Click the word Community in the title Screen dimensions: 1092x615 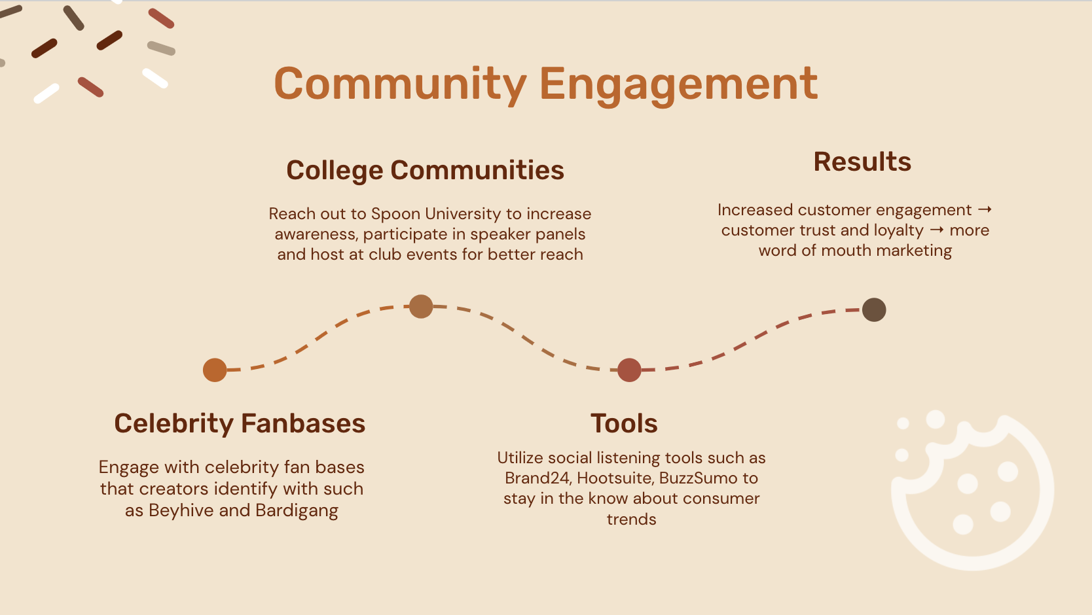(400, 84)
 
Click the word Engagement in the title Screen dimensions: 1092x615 (678, 84)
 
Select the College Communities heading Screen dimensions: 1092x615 (425, 170)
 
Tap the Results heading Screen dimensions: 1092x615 (862, 162)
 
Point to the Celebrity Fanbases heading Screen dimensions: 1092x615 (240, 423)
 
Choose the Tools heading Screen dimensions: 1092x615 (624, 423)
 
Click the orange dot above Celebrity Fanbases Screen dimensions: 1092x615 (215, 370)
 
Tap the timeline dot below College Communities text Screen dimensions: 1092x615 (421, 306)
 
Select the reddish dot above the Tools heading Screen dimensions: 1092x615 (629, 370)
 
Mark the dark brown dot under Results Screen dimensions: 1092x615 (874, 309)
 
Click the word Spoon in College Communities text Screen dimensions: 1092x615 (395, 214)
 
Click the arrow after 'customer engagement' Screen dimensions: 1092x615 (985, 210)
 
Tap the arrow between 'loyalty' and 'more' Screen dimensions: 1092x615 (936, 230)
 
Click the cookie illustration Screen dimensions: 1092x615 (973, 491)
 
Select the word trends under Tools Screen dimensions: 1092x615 (631, 519)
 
